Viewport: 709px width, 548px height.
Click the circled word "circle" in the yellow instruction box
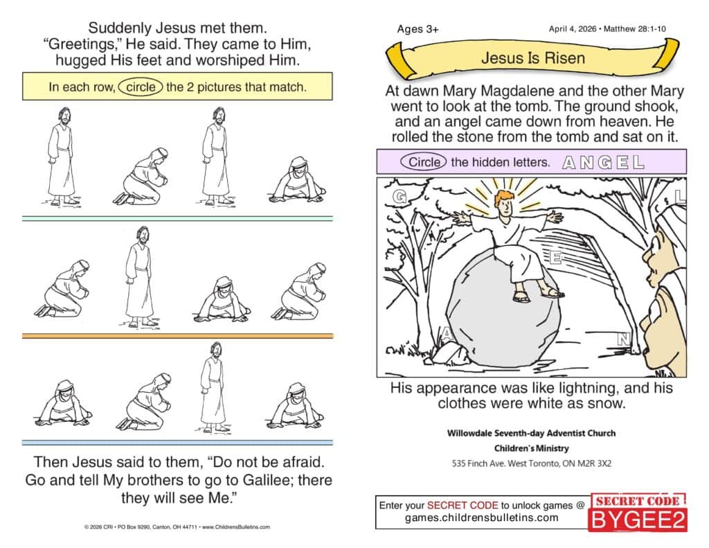[x=141, y=87]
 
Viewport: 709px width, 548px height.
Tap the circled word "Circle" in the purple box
[x=424, y=162]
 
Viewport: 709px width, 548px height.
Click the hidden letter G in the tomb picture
[x=400, y=196]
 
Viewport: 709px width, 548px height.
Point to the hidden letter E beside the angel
[x=556, y=258]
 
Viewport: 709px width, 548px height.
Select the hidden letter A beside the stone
[x=447, y=335]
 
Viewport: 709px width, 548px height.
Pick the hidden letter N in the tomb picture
[x=624, y=339]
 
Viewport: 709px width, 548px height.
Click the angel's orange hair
[x=505, y=197]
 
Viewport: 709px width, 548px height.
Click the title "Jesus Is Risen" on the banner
[x=532, y=58]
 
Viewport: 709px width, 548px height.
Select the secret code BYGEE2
[x=638, y=520]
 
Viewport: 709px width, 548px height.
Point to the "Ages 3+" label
[x=418, y=29]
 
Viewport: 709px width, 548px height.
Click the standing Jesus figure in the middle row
[x=139, y=276]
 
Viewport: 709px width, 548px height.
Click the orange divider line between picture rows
[x=177, y=336]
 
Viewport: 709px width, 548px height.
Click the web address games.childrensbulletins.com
[x=482, y=518]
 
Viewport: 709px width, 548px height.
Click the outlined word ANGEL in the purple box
[x=603, y=162]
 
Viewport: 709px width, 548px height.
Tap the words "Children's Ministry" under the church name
[x=531, y=448]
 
